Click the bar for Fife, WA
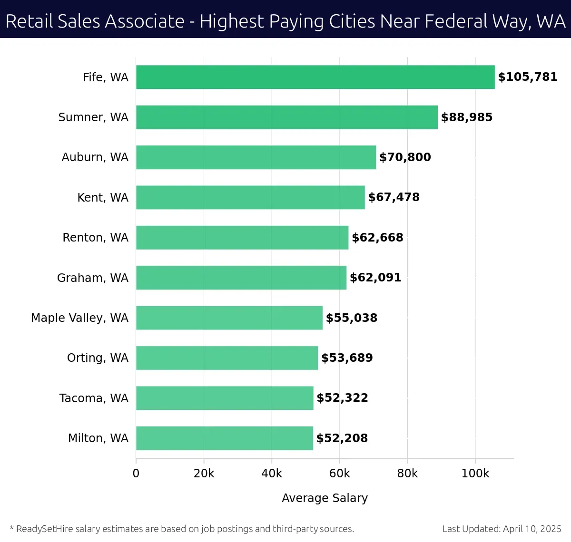[x=315, y=77]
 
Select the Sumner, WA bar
[x=286, y=117]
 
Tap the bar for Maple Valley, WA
[x=229, y=318]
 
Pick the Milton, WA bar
[x=224, y=438]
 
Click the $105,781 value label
[x=528, y=77]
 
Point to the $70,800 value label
[x=405, y=157]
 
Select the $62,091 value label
[x=375, y=278]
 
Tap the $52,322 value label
[x=342, y=398]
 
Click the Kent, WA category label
[x=103, y=197]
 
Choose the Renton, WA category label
[x=95, y=238]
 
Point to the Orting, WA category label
[x=98, y=358]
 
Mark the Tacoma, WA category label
[x=94, y=398]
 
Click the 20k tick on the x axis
[x=204, y=474]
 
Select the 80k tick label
[x=407, y=474]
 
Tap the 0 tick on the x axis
[x=136, y=474]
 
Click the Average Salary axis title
[x=325, y=498]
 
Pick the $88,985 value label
[x=467, y=117]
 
